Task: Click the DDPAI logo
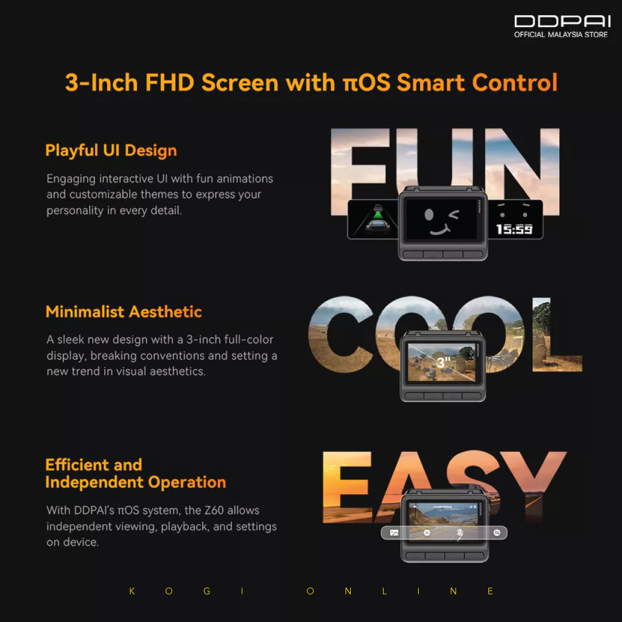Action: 562,21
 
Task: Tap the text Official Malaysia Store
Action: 560,35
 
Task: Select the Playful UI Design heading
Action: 111,151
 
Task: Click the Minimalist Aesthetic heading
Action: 124,312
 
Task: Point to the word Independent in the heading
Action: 94,483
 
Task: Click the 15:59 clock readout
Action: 514,229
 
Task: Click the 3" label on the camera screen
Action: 443,362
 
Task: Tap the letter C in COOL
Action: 341,335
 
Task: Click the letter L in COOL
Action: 557,335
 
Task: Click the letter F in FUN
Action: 359,172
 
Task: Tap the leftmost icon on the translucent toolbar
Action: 394,533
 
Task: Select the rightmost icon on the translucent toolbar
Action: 496,532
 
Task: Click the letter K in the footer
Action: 132,591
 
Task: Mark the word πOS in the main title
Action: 367,82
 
